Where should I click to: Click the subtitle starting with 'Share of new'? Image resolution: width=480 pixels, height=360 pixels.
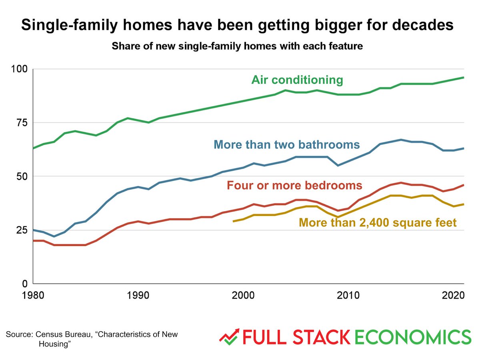pyautogui.click(x=237, y=46)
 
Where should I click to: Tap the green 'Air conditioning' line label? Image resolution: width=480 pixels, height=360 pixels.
pyautogui.click(x=297, y=80)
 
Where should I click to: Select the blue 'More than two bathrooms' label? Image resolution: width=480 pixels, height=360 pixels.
pyautogui.click(x=287, y=144)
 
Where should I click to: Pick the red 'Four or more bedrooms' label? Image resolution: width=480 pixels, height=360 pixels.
pyautogui.click(x=294, y=186)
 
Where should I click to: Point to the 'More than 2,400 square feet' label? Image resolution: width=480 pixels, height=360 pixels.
pyautogui.click(x=377, y=222)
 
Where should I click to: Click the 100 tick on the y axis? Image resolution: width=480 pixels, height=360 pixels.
pyautogui.click(x=19, y=69)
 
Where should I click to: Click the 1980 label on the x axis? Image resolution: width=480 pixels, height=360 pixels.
pyautogui.click(x=33, y=297)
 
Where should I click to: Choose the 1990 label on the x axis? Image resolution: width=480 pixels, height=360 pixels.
pyautogui.click(x=138, y=297)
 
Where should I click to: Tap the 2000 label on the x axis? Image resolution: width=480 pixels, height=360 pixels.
pyautogui.click(x=244, y=297)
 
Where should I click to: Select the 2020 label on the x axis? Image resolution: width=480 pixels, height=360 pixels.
pyautogui.click(x=453, y=297)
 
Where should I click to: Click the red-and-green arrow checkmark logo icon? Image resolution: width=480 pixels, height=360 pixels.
pyautogui.click(x=229, y=336)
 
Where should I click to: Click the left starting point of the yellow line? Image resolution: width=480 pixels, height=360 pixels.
pyautogui.click(x=233, y=221)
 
